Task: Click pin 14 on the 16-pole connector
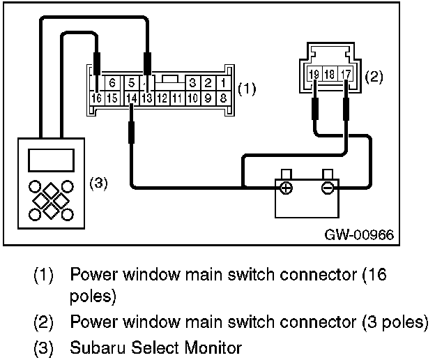(132, 98)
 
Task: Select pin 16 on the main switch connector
(96, 98)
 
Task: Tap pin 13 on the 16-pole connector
(147, 98)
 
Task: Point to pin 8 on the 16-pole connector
(222, 98)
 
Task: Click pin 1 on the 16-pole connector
(222, 81)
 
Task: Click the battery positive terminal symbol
(286, 188)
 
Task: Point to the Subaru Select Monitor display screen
(46, 159)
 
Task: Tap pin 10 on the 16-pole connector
(193, 98)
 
